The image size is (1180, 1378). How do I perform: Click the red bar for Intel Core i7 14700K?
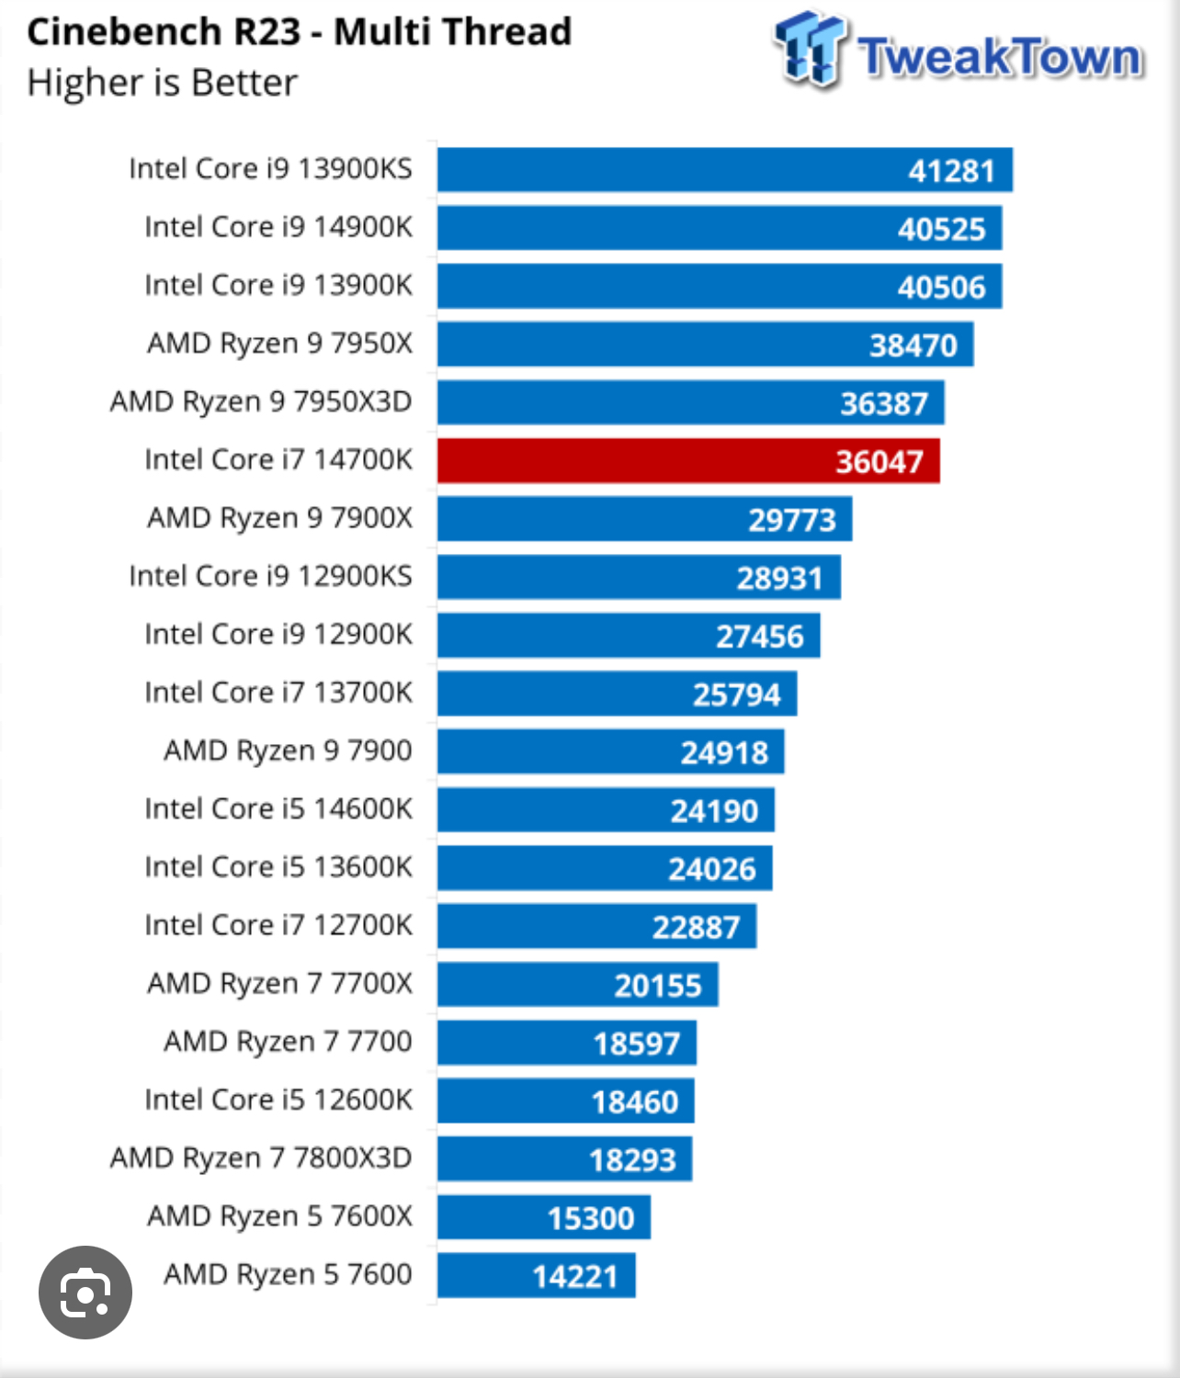[687, 460]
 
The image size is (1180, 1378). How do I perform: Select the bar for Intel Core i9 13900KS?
[724, 170]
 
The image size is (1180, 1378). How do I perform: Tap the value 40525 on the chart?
[941, 229]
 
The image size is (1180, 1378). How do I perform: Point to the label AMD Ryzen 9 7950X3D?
[261, 401]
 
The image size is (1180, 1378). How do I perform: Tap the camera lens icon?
[85, 1293]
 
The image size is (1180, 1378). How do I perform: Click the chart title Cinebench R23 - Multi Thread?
[300, 32]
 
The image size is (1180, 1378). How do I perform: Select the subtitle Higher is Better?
[163, 83]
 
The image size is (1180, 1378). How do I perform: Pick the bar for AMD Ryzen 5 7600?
[536, 1275]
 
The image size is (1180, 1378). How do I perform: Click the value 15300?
[591, 1218]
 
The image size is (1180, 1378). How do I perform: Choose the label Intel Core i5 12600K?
[278, 1100]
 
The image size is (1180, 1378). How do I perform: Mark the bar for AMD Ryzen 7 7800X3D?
[564, 1158]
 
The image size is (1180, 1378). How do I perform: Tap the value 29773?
[792, 520]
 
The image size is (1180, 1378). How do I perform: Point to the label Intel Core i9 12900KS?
[270, 576]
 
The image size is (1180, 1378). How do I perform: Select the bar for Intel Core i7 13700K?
[617, 694]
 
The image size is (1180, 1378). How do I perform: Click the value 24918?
[724, 752]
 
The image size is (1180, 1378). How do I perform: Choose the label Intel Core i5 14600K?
[278, 808]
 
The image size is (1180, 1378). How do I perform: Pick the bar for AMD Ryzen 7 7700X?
[577, 985]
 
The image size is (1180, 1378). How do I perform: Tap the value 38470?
[913, 345]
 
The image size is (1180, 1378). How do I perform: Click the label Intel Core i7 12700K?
[278, 925]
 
